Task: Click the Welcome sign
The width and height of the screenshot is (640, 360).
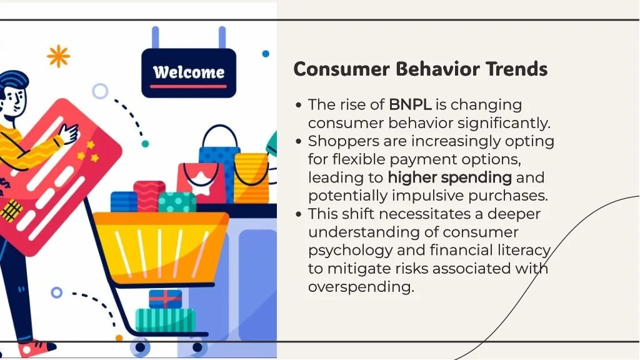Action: tap(189, 73)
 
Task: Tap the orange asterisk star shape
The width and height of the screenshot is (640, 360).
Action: tap(58, 56)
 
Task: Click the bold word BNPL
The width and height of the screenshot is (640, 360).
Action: tap(410, 104)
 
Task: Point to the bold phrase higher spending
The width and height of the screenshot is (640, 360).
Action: tap(449, 177)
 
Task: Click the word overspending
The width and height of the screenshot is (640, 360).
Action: tap(361, 287)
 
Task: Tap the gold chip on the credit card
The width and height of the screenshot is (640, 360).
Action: tap(11, 210)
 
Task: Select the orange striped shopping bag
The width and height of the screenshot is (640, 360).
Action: tap(252, 177)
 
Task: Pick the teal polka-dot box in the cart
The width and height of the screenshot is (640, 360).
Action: tap(177, 202)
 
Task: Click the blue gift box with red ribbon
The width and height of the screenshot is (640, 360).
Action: tap(165, 299)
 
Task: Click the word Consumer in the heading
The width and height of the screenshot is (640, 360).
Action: tap(342, 69)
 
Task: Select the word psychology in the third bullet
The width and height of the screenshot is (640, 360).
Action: tap(350, 251)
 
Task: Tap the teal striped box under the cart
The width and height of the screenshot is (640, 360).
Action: tap(165, 320)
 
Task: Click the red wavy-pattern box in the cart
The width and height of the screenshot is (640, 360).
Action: tap(149, 196)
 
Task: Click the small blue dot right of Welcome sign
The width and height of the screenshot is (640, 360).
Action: tap(266, 54)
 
